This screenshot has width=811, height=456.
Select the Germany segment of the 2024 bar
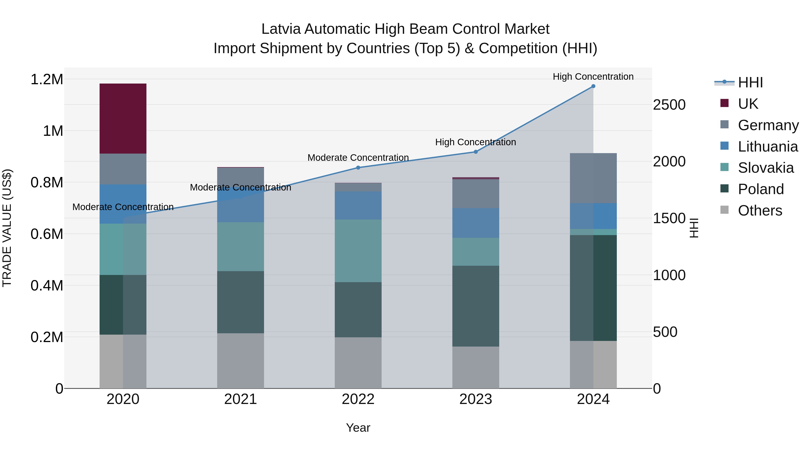click(593, 178)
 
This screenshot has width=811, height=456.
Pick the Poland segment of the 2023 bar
click(475, 306)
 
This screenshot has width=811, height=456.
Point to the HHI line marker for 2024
click(593, 86)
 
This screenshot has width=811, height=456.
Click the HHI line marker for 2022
click(358, 167)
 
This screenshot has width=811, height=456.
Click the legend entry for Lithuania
click(768, 147)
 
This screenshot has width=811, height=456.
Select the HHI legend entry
click(750, 82)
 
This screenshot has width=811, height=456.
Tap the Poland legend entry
click(761, 189)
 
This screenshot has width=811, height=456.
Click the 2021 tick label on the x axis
click(241, 399)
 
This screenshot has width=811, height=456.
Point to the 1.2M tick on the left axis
click(47, 79)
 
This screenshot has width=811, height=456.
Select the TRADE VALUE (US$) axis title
click(7, 228)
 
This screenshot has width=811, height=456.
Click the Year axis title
click(358, 428)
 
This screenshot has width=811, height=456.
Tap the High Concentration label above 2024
click(593, 77)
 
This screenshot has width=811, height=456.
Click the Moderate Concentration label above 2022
click(358, 158)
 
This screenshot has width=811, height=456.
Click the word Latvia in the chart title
click(281, 29)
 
